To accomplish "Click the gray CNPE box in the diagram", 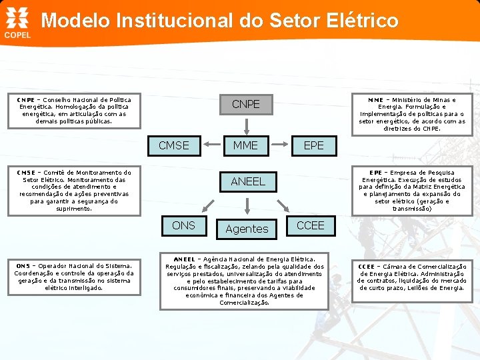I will click(x=245, y=105).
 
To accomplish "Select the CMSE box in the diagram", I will click(x=173, y=145).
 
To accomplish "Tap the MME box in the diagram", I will click(x=245, y=145).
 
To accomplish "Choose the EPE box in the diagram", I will click(x=313, y=145).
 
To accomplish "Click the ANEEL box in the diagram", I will click(x=247, y=181).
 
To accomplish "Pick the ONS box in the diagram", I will click(x=183, y=225).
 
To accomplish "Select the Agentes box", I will click(x=247, y=229).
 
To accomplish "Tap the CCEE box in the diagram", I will click(x=310, y=225).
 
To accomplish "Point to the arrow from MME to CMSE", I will click(x=207, y=145).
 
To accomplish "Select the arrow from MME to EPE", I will click(x=283, y=145).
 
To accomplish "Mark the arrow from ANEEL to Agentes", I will click(x=247, y=204).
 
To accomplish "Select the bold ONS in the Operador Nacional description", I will click(x=22, y=265).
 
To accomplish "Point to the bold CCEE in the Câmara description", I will click(x=367, y=266).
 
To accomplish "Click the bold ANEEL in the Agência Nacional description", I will click(x=185, y=259).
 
